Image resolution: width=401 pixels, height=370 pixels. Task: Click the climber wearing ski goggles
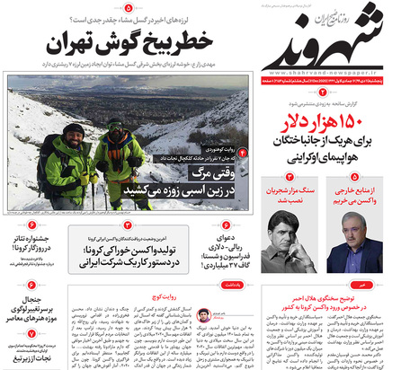click(72, 153)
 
